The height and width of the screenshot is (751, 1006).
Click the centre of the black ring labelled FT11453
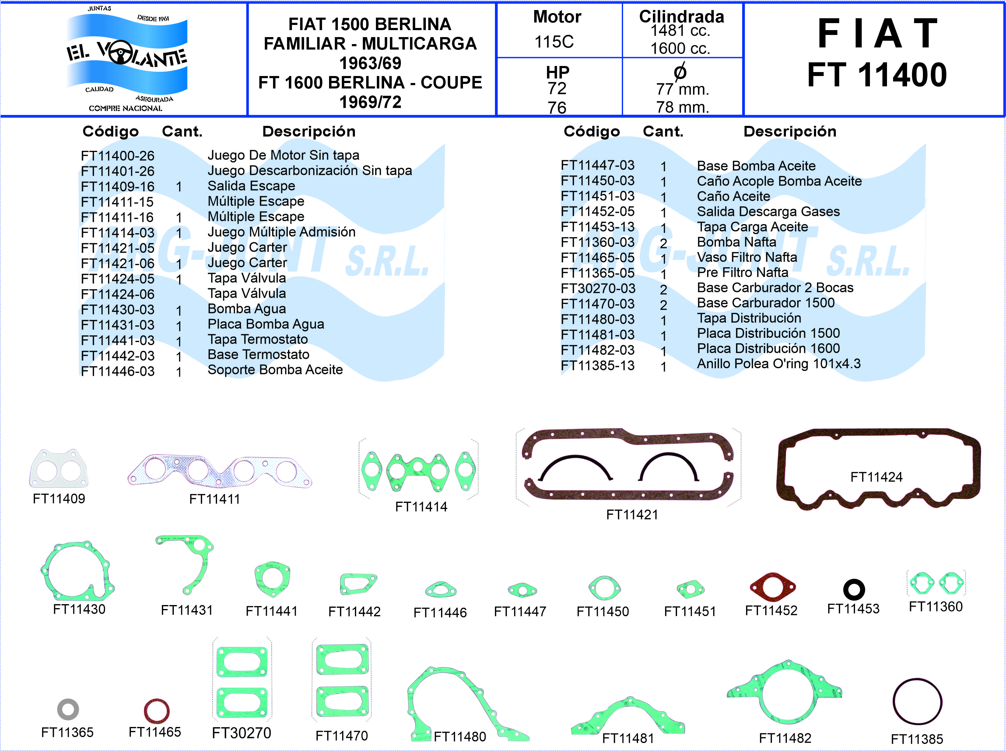coord(854,589)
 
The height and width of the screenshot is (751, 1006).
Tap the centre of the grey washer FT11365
coord(68,709)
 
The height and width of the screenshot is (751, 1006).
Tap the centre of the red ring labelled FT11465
coord(156,711)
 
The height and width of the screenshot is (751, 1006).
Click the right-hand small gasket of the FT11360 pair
coord(951,583)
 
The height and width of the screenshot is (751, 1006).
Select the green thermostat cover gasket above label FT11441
coord(272,579)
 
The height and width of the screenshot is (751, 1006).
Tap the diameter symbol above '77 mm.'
coord(680,72)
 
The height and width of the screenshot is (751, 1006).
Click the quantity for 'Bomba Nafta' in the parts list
coord(664,244)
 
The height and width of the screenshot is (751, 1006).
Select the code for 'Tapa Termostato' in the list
coord(118,340)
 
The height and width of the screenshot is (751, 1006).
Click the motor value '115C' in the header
coord(554,42)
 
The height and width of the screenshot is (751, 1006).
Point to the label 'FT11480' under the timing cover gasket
coord(460,736)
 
